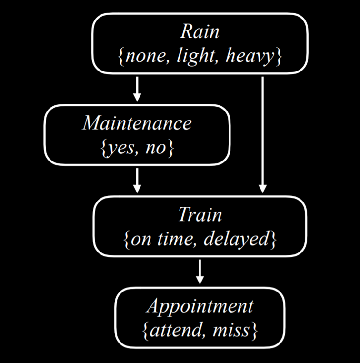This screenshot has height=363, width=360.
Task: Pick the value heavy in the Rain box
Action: [x=250, y=57]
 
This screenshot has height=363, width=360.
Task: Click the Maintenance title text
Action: [x=137, y=123]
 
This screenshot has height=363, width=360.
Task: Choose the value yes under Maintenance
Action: [x=123, y=148]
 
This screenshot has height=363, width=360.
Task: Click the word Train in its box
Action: [x=200, y=215]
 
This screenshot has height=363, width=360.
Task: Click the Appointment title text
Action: [x=200, y=306]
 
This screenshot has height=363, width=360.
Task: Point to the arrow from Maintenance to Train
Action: [x=137, y=180]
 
